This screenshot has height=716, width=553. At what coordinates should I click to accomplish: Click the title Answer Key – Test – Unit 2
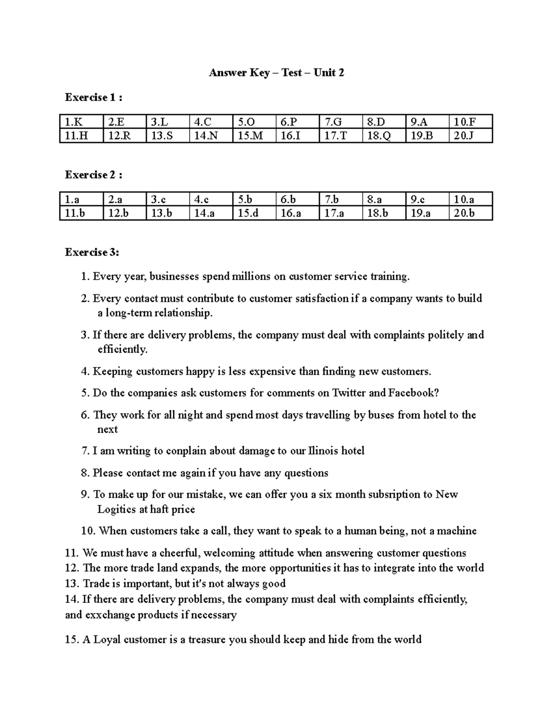(x=276, y=73)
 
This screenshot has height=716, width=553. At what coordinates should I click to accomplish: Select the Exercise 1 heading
(x=94, y=98)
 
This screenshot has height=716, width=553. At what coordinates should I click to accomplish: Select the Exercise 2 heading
(x=94, y=175)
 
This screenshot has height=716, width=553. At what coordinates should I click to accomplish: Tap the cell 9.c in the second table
(x=418, y=200)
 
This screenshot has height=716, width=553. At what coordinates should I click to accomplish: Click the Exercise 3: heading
(x=92, y=253)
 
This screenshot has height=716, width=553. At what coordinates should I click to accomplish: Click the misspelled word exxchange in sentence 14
(x=109, y=615)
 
